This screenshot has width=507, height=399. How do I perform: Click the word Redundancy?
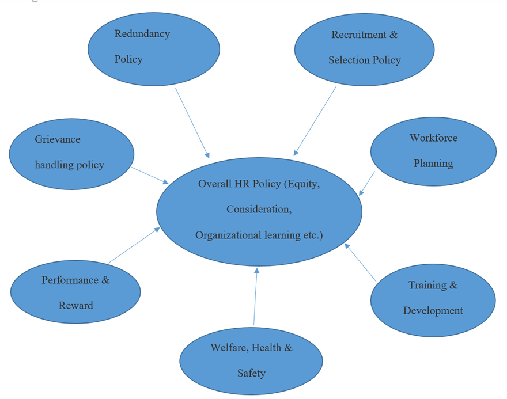click(142, 34)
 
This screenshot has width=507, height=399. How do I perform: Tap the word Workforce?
click(433, 138)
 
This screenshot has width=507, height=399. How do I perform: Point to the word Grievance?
click(58, 139)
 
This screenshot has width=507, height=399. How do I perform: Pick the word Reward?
click(75, 306)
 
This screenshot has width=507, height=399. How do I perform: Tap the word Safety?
click(251, 373)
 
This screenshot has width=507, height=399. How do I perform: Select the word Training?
click(427, 286)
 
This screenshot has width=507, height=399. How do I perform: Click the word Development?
click(433, 311)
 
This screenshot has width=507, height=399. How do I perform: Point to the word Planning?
click(433, 164)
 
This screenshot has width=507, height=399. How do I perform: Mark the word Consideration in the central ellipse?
click(259, 210)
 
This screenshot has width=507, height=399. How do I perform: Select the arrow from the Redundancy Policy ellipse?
click(192, 123)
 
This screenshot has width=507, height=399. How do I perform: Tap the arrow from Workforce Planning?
click(367, 183)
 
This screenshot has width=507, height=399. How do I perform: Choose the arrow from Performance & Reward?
click(134, 246)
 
